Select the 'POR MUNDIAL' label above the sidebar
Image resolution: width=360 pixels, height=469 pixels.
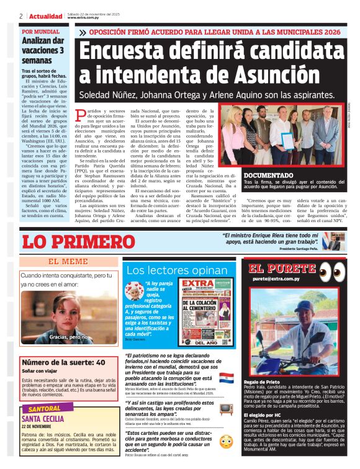pyautogui.click(x=41, y=31)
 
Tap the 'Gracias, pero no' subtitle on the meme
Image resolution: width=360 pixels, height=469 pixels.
pyautogui.click(x=68, y=337)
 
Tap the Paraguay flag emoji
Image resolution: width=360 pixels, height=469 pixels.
pyautogui.click(x=227, y=377)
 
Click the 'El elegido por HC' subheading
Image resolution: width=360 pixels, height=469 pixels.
pyautogui.click(x=268, y=414)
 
